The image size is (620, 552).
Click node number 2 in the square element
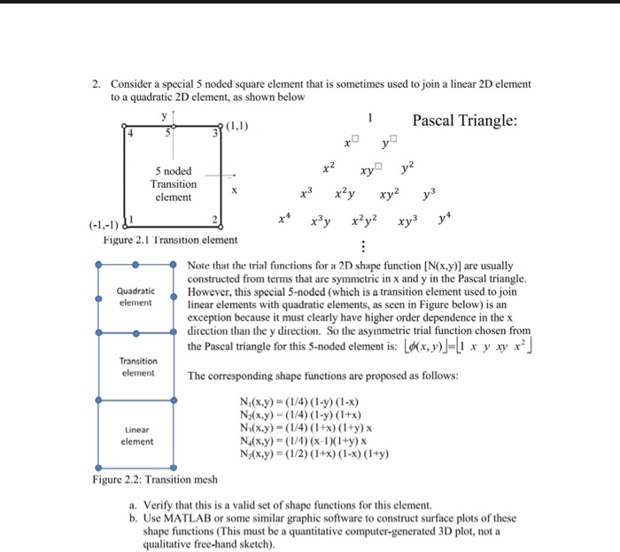[x=213, y=218]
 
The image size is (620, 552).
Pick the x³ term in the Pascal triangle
[x=307, y=193]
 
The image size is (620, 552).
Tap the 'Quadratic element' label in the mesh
[x=135, y=296]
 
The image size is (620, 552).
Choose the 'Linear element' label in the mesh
[x=135, y=435]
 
